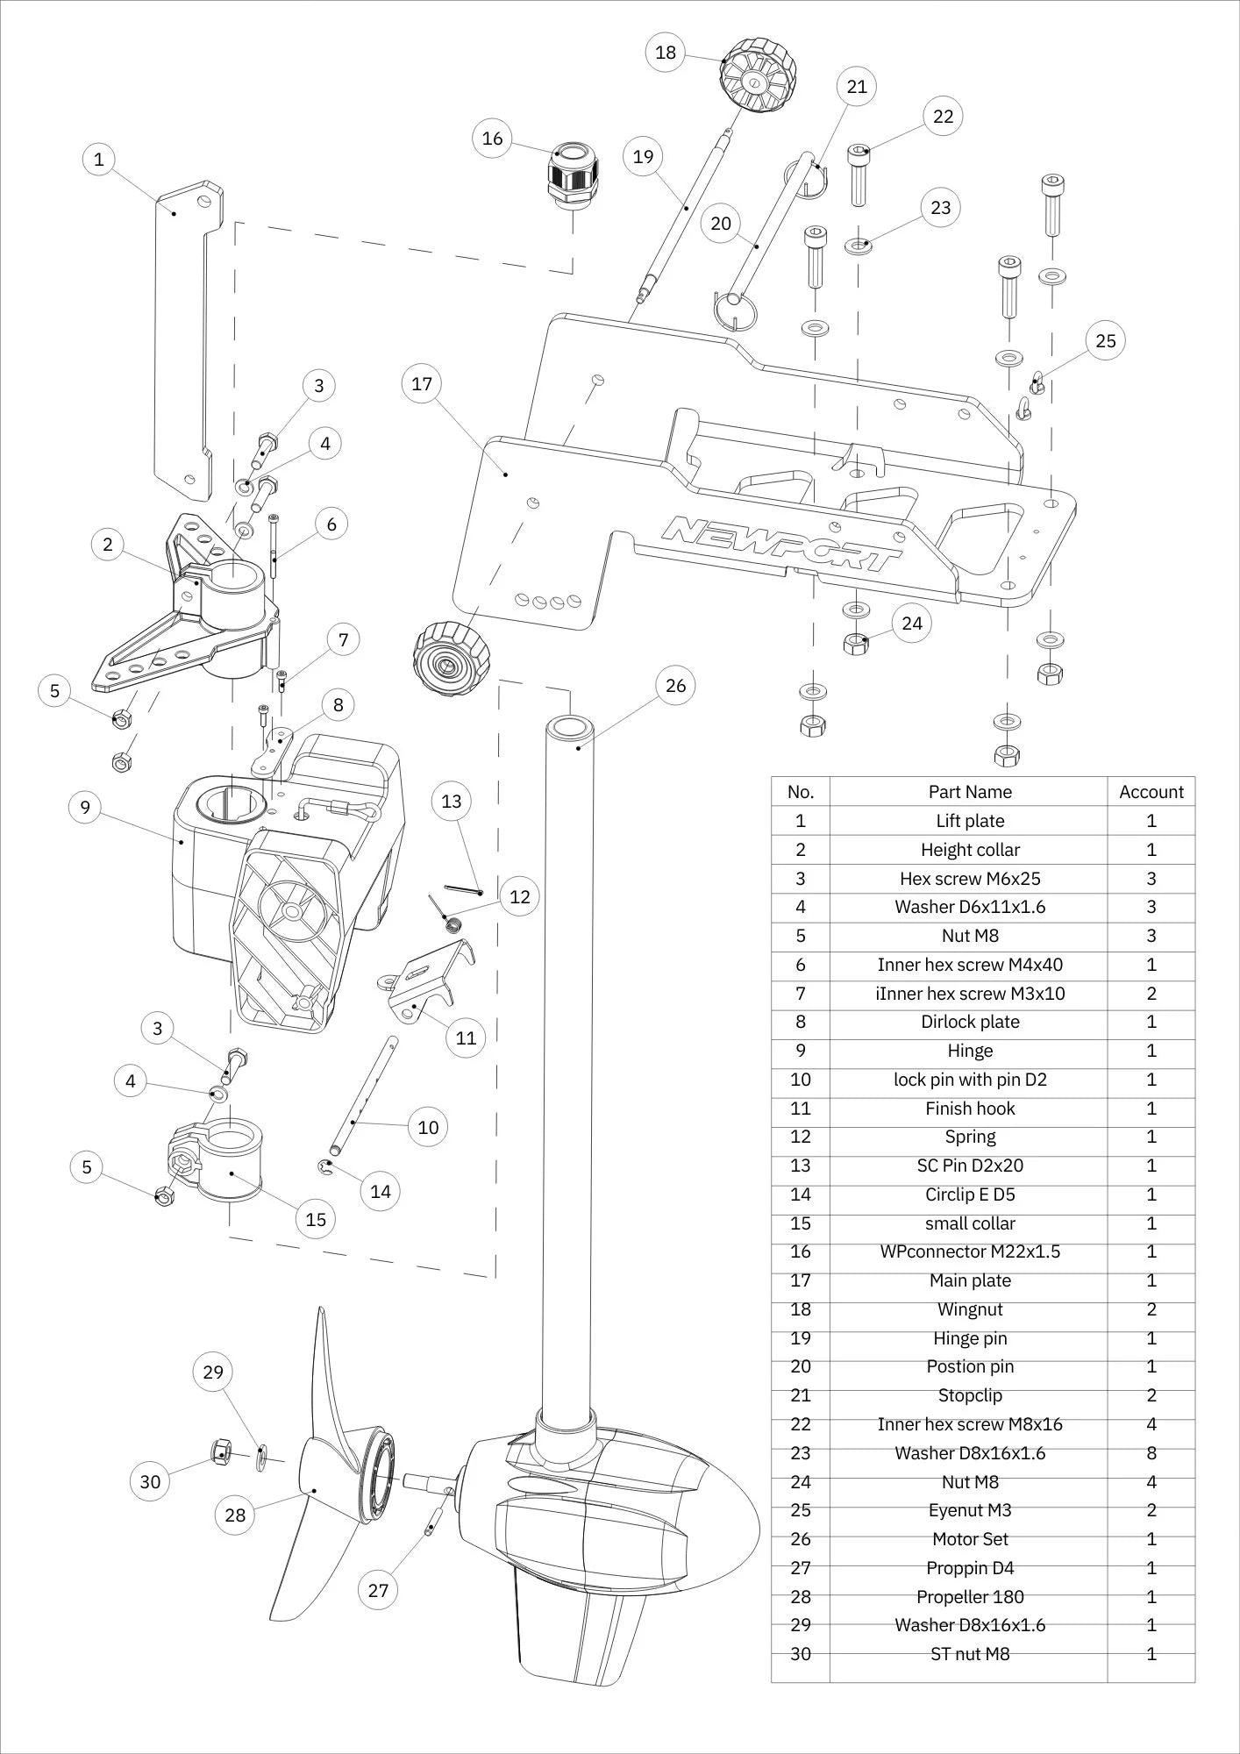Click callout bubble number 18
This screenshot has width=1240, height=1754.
[666, 53]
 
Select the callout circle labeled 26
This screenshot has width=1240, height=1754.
[675, 685]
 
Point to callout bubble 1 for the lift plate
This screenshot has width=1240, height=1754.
[99, 160]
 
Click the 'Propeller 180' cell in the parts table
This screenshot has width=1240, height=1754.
[969, 1596]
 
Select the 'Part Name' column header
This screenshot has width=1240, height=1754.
[969, 791]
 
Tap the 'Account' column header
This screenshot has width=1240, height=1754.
[1151, 791]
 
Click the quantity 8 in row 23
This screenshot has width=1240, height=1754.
[1151, 1453]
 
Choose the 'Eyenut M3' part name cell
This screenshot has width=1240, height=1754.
[969, 1510]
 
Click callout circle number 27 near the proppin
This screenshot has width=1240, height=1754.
[378, 1590]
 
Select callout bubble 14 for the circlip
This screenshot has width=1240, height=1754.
[381, 1191]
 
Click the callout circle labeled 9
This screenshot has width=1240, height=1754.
[85, 807]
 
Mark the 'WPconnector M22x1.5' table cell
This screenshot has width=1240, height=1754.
[969, 1251]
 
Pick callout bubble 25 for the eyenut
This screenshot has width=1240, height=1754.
[1105, 340]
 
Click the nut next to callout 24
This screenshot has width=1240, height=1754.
[856, 643]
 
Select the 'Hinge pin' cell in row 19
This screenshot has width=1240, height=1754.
[969, 1338]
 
